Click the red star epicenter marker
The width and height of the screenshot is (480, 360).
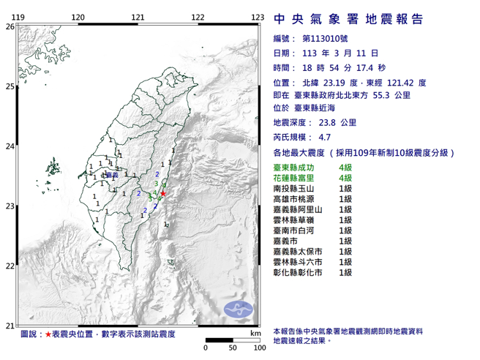(x=163, y=193)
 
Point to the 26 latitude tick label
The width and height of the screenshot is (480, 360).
(x=10, y=26)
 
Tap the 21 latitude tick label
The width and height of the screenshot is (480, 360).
(x=10, y=326)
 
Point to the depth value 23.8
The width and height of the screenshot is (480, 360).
(x=326, y=122)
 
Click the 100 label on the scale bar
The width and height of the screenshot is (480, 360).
(x=258, y=348)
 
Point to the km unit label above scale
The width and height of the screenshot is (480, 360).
(x=255, y=333)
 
